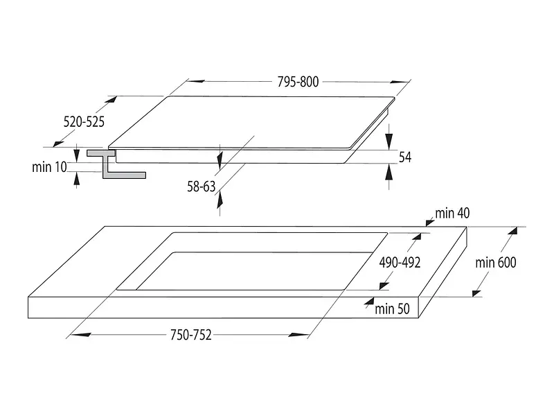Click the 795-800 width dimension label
(298, 82)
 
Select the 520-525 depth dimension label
(84, 122)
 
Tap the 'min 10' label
(49, 167)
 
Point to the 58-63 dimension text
(201, 187)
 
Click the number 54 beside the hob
(405, 157)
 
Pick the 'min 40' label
(452, 214)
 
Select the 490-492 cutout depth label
(400, 263)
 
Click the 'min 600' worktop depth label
(495, 263)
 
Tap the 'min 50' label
(392, 309)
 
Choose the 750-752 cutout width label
(191, 335)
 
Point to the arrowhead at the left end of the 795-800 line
(196, 81)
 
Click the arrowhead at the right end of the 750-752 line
(299, 335)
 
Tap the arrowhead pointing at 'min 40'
(430, 222)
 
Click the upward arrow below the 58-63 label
(220, 203)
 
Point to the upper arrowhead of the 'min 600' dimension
(512, 231)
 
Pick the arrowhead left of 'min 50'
(369, 302)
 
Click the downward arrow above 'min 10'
(76, 153)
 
